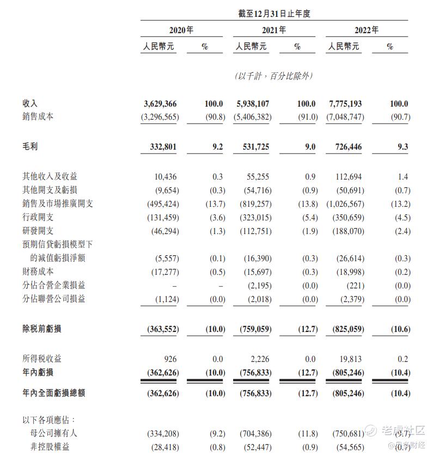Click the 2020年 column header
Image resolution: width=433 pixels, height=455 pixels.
pyautogui.click(x=182, y=30)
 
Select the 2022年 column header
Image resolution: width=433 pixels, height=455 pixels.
pyautogui.click(x=367, y=30)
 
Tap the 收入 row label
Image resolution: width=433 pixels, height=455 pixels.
pyautogui.click(x=30, y=103)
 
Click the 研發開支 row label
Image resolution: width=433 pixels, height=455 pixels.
pyautogui.click(x=39, y=231)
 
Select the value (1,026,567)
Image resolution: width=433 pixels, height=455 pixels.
pyautogui.click(x=343, y=204)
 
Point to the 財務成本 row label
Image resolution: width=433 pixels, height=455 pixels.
pyautogui.click(x=39, y=271)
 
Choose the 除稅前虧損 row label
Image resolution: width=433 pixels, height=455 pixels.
pyautogui.click(x=42, y=329)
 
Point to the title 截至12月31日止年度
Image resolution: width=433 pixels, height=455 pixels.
pyautogui.click(x=274, y=14)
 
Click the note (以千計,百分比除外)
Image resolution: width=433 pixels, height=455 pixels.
pyautogui.click(x=274, y=76)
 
